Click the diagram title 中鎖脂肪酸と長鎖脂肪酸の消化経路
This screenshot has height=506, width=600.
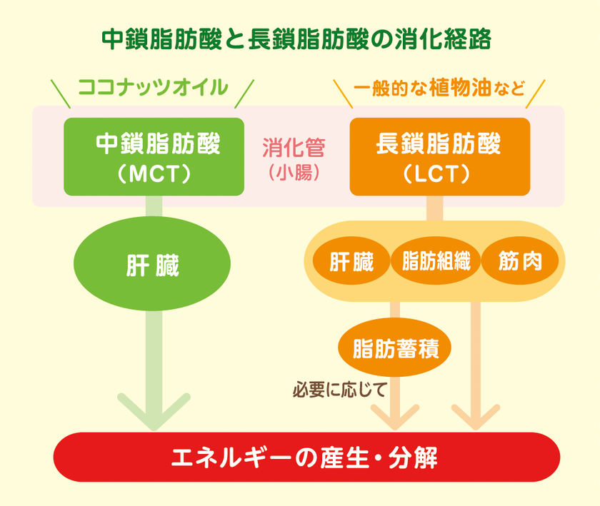[296, 39]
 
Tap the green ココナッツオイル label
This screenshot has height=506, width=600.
[153, 87]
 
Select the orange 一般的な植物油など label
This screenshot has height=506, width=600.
[439, 88]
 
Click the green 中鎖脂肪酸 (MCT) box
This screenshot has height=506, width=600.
[154, 156]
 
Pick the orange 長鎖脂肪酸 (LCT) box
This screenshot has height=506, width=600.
[440, 156]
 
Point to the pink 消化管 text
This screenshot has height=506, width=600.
[294, 148]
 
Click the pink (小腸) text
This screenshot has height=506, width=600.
[294, 173]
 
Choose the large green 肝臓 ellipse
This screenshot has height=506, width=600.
[152, 263]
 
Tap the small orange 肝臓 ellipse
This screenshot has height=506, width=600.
[351, 261]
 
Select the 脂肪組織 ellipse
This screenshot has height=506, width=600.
[436, 261]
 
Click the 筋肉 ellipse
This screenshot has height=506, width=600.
[520, 261]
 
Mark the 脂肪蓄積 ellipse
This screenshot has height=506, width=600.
[394, 348]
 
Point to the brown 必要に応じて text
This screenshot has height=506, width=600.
[339, 390]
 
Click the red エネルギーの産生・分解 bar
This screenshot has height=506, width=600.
[306, 457]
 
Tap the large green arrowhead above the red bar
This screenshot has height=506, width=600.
[154, 413]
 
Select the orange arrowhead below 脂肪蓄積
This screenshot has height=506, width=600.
[395, 417]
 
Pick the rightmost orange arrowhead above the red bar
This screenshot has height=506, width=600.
[476, 417]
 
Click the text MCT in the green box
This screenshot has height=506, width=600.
[154, 174]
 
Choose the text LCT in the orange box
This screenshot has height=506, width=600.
[436, 174]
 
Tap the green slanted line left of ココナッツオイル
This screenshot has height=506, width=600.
[61, 93]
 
